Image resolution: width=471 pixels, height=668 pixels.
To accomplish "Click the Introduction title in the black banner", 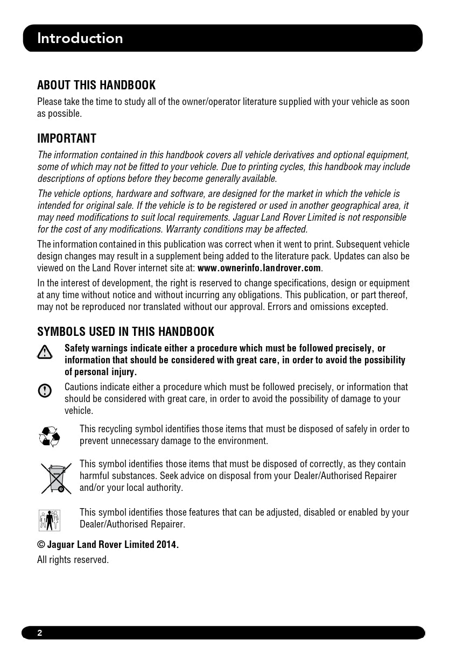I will (x=80, y=38).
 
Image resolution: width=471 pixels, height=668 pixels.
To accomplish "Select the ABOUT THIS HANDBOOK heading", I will (x=96, y=85).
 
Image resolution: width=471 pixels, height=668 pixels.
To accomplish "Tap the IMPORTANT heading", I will (x=67, y=138).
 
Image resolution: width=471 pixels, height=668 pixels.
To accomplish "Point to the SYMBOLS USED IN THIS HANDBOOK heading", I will (x=125, y=332).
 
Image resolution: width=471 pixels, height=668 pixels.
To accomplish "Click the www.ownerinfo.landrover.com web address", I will (x=259, y=268).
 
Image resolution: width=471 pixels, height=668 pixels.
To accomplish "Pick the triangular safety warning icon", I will (x=45, y=352).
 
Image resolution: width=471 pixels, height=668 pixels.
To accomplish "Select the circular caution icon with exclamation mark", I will (x=45, y=391).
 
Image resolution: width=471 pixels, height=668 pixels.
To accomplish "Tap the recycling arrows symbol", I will (x=50, y=436).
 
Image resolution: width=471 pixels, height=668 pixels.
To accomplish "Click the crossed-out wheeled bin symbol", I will (x=56, y=479).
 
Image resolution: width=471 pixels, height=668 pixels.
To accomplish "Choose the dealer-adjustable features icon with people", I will (x=50, y=521).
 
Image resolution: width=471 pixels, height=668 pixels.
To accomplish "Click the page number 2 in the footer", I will (x=40, y=633).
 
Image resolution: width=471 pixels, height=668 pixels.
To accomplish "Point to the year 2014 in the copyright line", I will (x=166, y=545).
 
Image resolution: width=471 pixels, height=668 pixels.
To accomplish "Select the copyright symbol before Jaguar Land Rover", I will (x=41, y=545).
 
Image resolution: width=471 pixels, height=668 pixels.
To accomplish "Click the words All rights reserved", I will (x=73, y=560).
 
